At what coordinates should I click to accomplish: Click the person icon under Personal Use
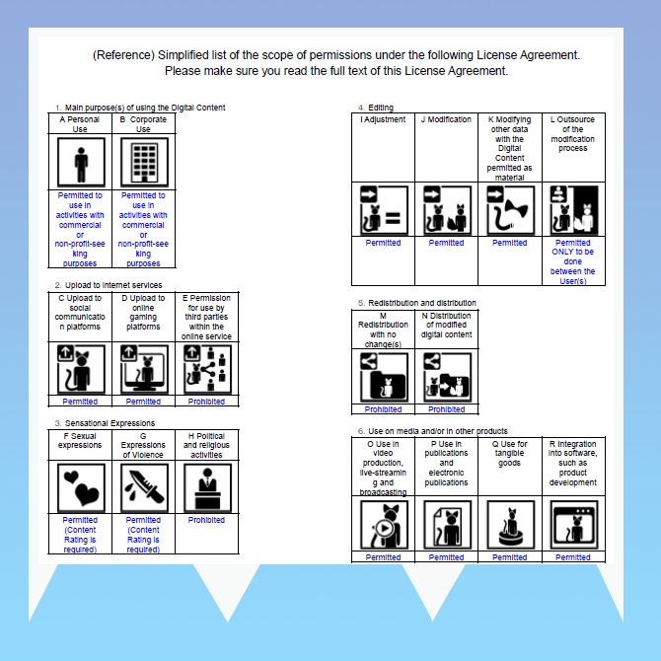pos(81,162)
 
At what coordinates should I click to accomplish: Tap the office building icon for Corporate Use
pos(144,162)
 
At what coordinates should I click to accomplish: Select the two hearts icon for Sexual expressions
pos(81,487)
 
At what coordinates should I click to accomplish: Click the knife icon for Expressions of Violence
pos(144,487)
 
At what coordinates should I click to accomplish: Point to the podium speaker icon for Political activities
pos(207,487)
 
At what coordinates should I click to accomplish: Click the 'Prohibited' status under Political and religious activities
pos(206,520)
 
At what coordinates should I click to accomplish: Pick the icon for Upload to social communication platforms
pos(81,369)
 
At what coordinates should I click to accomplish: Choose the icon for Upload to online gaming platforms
pos(144,369)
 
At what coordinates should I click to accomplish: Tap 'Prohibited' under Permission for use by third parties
pos(206,402)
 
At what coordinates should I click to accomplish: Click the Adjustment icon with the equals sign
pos(384,210)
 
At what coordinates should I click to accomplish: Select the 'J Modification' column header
pos(446,119)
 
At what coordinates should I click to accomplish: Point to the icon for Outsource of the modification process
pos(574,210)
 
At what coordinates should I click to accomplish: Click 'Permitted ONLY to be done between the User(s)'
pos(573,261)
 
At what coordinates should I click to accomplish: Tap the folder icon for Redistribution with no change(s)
pos(384,377)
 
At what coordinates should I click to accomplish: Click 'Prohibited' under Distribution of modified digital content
pos(447,409)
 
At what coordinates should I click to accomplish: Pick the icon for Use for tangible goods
pos(510,525)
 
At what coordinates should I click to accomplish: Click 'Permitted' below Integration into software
pos(573,557)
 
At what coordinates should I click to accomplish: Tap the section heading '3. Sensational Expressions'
pos(105,423)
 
